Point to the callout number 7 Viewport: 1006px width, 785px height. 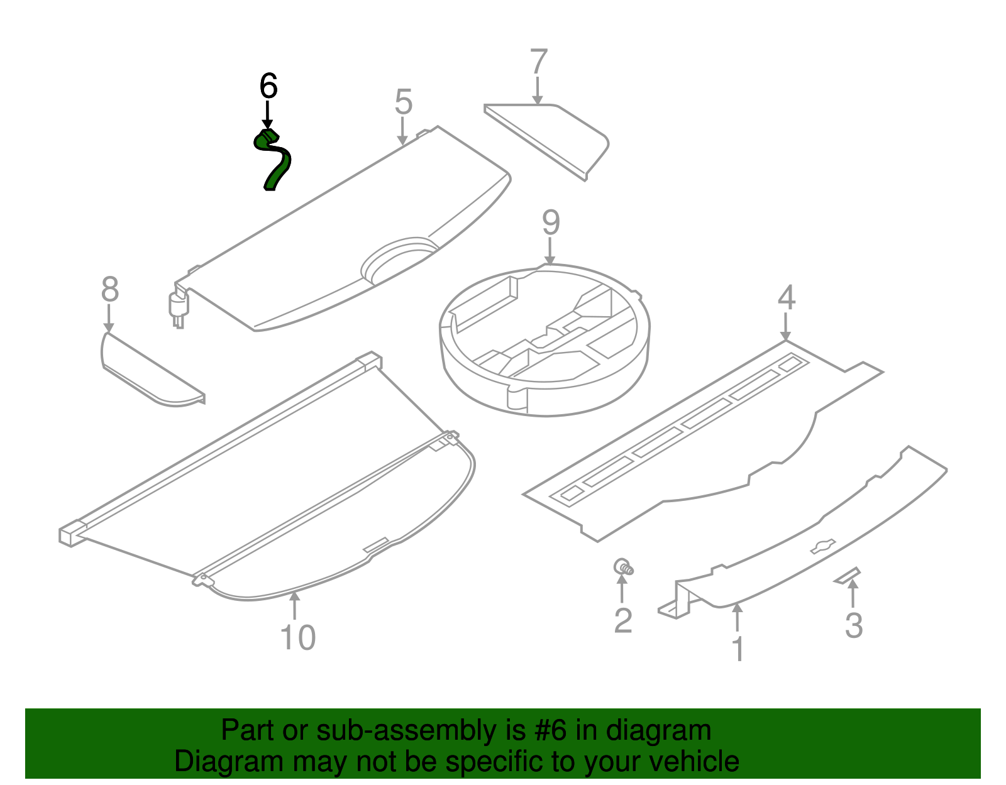coord(538,62)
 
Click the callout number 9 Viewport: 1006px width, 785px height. coord(550,223)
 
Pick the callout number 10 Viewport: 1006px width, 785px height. coord(297,637)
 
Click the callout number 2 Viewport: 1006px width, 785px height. coord(622,621)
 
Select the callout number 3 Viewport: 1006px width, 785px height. coord(853,625)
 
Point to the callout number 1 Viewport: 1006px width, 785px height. coord(738,649)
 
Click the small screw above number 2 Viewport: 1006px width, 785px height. coord(623,567)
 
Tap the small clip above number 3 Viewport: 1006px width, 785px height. coord(847,575)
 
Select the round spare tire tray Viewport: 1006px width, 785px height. coord(544,339)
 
